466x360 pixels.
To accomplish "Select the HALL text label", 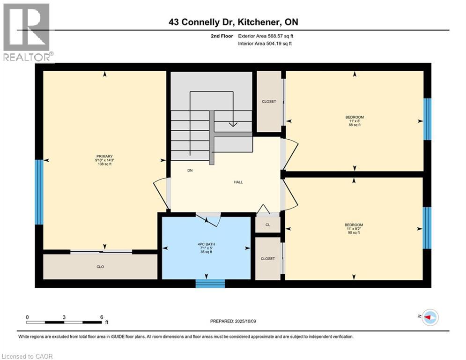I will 238,182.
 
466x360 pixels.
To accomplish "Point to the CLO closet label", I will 100,267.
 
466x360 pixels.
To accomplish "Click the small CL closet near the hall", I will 268,225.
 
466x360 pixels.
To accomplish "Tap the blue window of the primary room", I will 39,192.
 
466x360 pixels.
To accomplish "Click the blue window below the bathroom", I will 210,283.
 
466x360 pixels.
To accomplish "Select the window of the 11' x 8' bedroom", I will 427,119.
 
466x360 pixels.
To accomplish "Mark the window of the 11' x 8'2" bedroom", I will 427,228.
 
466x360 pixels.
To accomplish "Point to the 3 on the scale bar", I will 64,317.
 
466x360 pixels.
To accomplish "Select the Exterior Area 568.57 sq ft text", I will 266,36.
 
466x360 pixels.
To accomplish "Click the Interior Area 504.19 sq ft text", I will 265,44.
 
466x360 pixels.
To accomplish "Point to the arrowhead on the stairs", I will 233,125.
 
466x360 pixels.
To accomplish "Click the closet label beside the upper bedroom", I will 268,102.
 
